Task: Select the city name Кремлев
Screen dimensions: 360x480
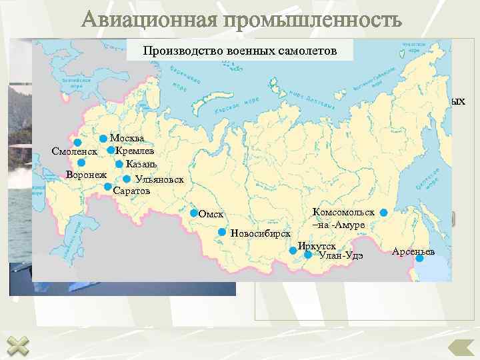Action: click(x=135, y=151)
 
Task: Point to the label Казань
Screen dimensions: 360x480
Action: click(x=141, y=164)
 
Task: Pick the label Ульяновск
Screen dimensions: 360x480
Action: click(x=159, y=179)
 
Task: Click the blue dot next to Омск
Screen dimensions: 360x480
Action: click(x=194, y=213)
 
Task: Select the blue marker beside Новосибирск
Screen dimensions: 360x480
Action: click(x=222, y=232)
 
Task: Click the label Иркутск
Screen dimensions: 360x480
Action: click(x=317, y=245)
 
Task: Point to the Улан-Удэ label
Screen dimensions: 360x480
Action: click(x=341, y=255)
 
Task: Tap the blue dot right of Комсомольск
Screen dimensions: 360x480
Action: click(x=383, y=212)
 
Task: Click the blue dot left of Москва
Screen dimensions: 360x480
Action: click(x=103, y=139)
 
